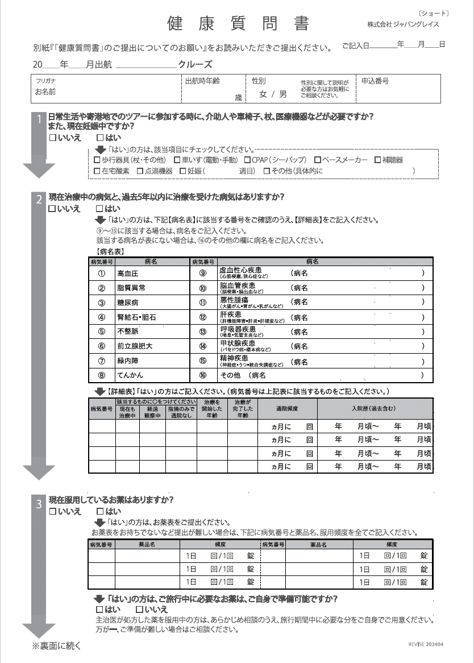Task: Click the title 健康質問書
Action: (238, 23)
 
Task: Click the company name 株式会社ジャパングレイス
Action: (403, 25)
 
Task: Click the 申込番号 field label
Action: (375, 81)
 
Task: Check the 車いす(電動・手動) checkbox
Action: (177, 160)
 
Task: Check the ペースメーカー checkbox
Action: (318, 160)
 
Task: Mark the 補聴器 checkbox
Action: (378, 160)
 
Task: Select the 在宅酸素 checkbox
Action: (97, 171)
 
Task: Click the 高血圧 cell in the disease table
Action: (127, 274)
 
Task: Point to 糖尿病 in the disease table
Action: (127, 303)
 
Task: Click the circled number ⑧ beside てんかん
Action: (102, 375)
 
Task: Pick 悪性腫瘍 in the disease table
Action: (234, 299)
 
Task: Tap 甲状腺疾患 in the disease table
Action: (238, 343)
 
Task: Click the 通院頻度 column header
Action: (287, 409)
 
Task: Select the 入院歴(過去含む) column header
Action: (373, 409)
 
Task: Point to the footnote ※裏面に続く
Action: (57, 645)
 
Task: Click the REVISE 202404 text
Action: (426, 645)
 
